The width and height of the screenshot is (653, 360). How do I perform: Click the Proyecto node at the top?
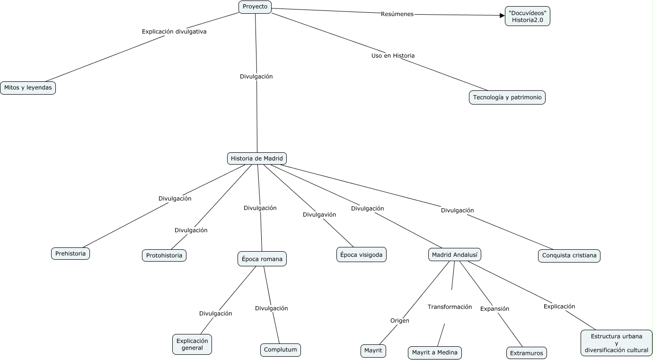click(255, 7)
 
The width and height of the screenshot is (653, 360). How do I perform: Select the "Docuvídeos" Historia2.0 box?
click(527, 16)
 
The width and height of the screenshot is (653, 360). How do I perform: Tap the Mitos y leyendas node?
click(28, 88)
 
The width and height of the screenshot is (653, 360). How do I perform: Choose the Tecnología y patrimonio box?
click(507, 97)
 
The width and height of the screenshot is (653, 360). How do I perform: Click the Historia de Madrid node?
click(257, 158)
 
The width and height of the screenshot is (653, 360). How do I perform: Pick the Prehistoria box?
click(71, 254)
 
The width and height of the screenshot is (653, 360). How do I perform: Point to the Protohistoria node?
click(164, 255)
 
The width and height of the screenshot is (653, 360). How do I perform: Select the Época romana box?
click(262, 259)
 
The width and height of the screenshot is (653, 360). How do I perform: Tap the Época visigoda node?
click(362, 255)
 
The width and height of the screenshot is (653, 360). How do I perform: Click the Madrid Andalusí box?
click(455, 255)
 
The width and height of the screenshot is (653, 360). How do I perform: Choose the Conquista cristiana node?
click(569, 256)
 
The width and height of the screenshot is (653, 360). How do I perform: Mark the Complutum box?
click(281, 350)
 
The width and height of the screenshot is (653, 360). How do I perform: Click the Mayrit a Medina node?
click(435, 353)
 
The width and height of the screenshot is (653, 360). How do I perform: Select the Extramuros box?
click(526, 353)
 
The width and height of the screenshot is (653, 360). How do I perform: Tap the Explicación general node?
click(192, 344)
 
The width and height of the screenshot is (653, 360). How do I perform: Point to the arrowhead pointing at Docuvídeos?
click(502, 16)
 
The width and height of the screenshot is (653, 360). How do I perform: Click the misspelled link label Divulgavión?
click(319, 215)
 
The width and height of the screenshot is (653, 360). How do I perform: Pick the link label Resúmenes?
click(397, 14)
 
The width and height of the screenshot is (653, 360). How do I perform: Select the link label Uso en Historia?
click(393, 56)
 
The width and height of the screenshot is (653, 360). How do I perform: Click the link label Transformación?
click(450, 307)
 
